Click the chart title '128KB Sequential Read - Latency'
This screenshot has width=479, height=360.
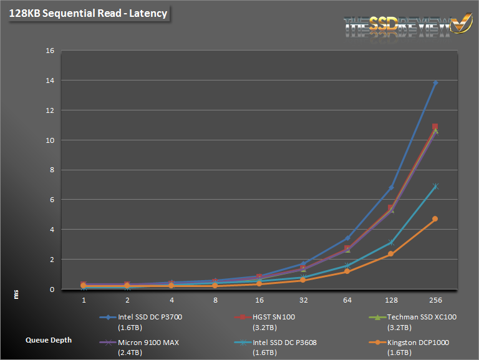[x=88, y=13]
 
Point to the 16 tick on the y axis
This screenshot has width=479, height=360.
[x=50, y=51]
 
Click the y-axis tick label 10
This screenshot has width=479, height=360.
[x=50, y=140]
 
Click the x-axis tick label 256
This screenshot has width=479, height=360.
[x=435, y=300]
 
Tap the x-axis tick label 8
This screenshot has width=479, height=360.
[x=216, y=300]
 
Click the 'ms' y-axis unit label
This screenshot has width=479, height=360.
[x=17, y=294]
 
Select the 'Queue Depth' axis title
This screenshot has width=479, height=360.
[x=49, y=340]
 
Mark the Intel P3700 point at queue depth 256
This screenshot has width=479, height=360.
[x=435, y=82]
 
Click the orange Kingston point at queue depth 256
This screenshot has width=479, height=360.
[x=435, y=219]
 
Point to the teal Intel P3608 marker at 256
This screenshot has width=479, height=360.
[x=435, y=187]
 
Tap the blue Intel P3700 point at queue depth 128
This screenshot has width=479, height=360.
[x=391, y=188]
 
